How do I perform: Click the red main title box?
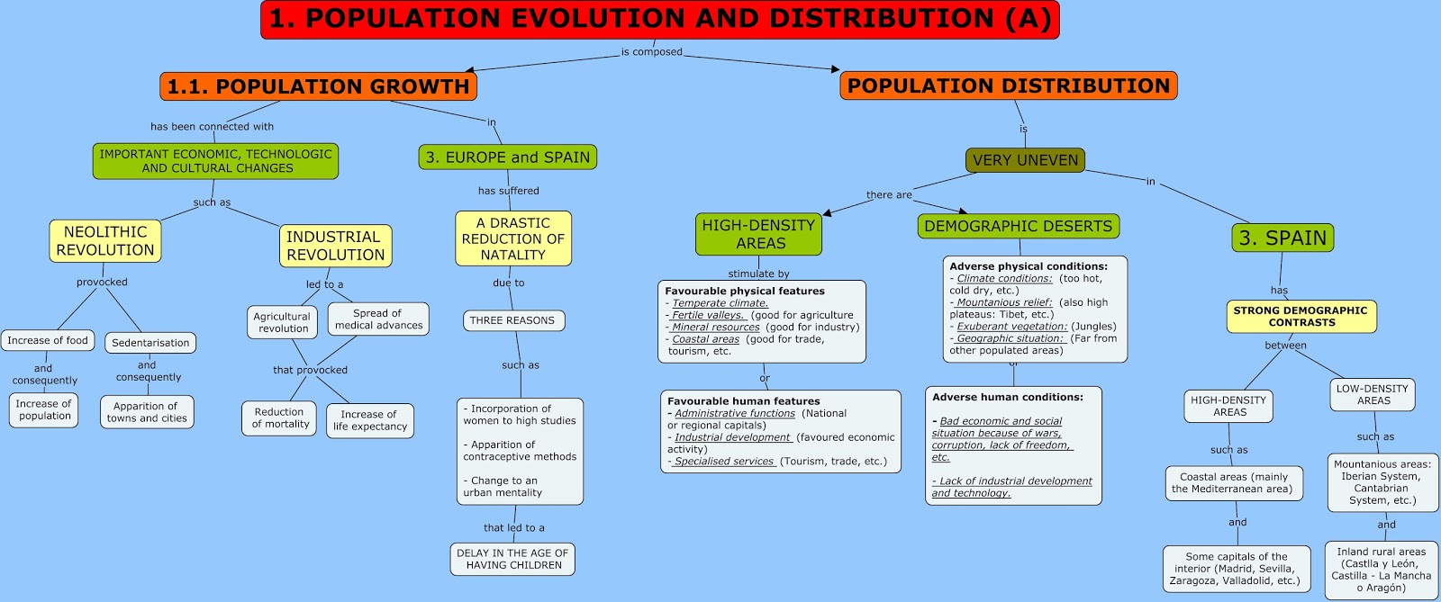pyautogui.click(x=659, y=20)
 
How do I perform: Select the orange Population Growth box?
pyautogui.click(x=318, y=86)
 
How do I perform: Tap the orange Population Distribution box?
pyautogui.click(x=1008, y=85)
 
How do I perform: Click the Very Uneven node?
pyautogui.click(x=1025, y=160)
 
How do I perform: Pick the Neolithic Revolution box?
pyautogui.click(x=105, y=241)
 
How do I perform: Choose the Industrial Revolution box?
pyautogui.click(x=335, y=246)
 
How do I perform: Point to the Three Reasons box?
pyautogui.click(x=512, y=320)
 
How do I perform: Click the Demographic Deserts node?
pyautogui.click(x=1018, y=226)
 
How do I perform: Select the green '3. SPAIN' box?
pyautogui.click(x=1282, y=238)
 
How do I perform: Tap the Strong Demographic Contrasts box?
pyautogui.click(x=1301, y=316)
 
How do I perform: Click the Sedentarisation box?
pyautogui.click(x=150, y=343)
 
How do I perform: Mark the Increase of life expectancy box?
pyautogui.click(x=369, y=420)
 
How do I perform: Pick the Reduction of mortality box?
pyautogui.click(x=280, y=418)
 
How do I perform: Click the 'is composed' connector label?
pyautogui.click(x=651, y=52)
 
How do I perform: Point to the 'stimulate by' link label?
pyautogui.click(x=758, y=274)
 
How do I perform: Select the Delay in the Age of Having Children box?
pyautogui.click(x=512, y=559)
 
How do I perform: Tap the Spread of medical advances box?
pyautogui.click(x=378, y=319)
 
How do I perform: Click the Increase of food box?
pyautogui.click(x=48, y=340)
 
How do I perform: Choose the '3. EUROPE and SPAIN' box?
pyautogui.click(x=507, y=157)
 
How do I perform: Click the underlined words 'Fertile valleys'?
pyautogui.click(x=709, y=315)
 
